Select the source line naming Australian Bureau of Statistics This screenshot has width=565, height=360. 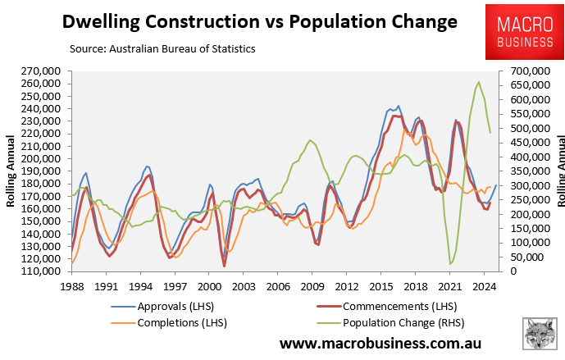[x=162, y=49]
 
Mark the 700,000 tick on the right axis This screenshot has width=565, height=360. [x=526, y=71]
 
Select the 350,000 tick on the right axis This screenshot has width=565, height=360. [x=526, y=171]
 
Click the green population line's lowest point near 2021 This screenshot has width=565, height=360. [x=450, y=263]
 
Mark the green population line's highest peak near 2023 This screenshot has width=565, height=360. [x=479, y=82]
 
